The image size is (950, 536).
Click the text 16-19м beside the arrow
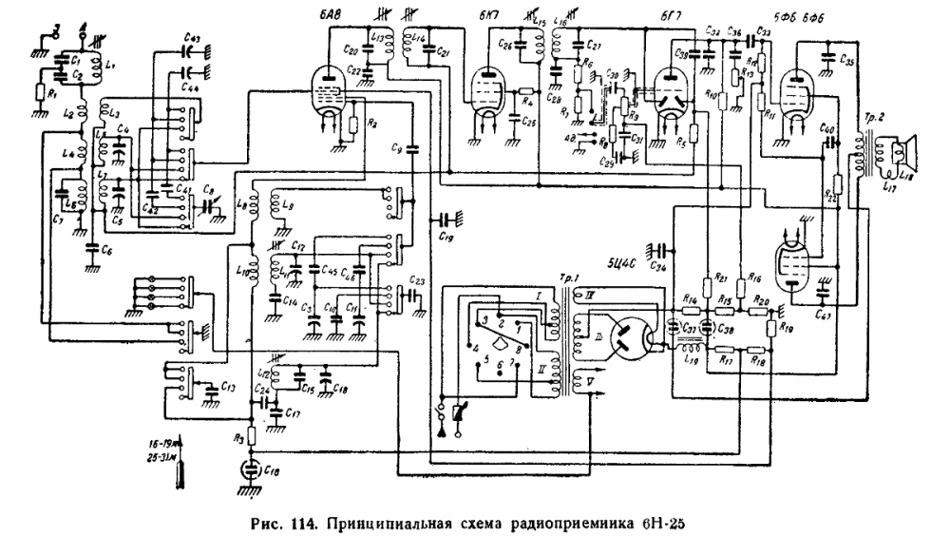coord(157,443)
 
